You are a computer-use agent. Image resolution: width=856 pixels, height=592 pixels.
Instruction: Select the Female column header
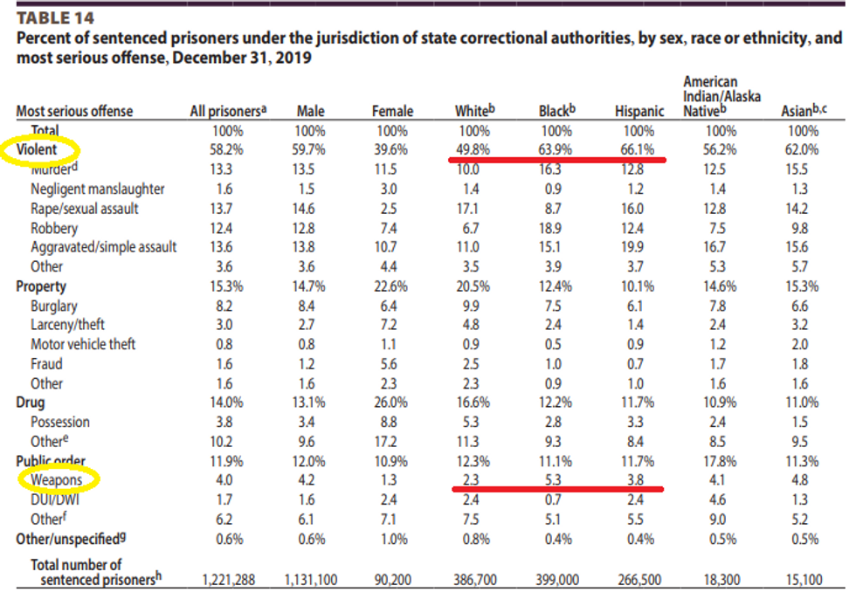click(x=392, y=112)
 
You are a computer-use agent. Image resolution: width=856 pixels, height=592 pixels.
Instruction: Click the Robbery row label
click(x=54, y=228)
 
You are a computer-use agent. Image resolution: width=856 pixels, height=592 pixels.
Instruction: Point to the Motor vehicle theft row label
click(x=83, y=344)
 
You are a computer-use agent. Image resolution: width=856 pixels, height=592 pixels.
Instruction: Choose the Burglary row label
click(x=54, y=306)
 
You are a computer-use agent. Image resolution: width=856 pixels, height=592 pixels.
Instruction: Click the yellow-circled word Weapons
click(x=56, y=479)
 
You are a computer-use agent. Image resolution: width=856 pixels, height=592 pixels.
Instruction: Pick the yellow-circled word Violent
click(x=36, y=150)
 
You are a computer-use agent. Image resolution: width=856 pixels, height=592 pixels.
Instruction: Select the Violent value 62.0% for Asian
click(x=800, y=150)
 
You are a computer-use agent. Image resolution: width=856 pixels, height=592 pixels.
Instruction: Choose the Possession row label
click(x=60, y=422)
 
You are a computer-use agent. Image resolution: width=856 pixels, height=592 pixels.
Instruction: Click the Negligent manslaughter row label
click(x=97, y=189)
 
